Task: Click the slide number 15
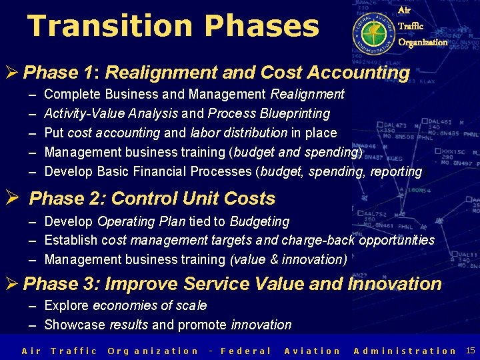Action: tap(471, 350)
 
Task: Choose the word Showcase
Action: tap(75, 325)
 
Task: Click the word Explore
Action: tap(67, 305)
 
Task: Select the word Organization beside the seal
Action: tap(423, 42)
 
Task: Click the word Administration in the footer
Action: tap(405, 351)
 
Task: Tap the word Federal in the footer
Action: tap(245, 351)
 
